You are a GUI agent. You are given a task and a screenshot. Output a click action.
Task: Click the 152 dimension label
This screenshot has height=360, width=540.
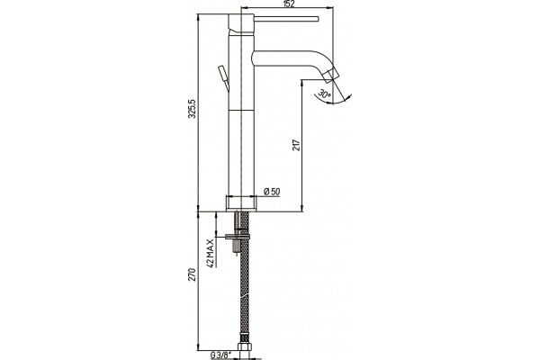pyautogui.click(x=289, y=4)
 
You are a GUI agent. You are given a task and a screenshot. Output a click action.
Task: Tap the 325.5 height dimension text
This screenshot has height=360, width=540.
pyautogui.click(x=193, y=109)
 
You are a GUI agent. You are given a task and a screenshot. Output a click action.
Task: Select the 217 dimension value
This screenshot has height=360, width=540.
pyautogui.click(x=296, y=145)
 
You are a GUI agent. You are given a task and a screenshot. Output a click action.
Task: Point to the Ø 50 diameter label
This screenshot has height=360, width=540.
pyautogui.click(x=272, y=192)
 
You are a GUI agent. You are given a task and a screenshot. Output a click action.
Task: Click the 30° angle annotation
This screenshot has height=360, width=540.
pyautogui.click(x=324, y=94)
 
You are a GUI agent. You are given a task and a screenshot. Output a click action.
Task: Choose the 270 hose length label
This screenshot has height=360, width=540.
pyautogui.click(x=192, y=274)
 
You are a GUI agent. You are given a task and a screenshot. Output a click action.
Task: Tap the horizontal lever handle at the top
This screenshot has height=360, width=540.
pyautogui.click(x=286, y=19)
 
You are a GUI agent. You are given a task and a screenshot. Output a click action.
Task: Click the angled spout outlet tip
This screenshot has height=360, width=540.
pyautogui.click(x=332, y=75)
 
